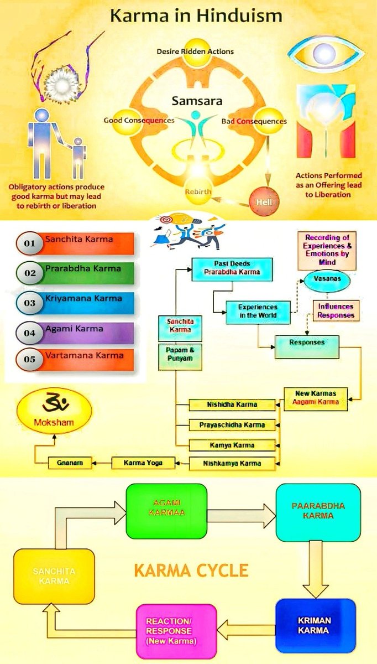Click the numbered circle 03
pyautogui.click(x=30, y=303)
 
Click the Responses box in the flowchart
pyautogui.click(x=307, y=343)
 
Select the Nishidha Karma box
pyautogui.click(x=232, y=404)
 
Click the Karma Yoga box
pyautogui.click(x=143, y=462)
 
